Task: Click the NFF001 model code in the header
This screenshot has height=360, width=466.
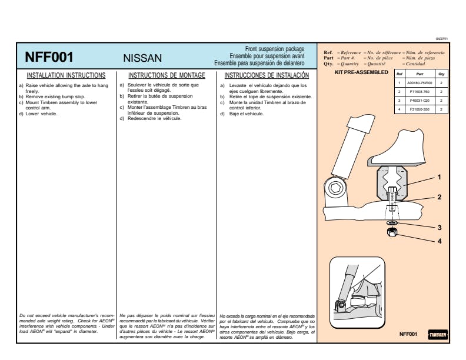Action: (x=49, y=57)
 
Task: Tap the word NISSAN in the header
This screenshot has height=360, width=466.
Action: (x=142, y=58)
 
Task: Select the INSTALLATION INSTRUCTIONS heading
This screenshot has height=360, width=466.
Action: (x=66, y=75)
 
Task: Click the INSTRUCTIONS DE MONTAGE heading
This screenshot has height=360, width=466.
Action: (x=167, y=75)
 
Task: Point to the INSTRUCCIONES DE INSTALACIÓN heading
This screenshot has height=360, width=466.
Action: (x=267, y=75)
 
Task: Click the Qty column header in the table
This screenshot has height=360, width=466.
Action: (x=441, y=74)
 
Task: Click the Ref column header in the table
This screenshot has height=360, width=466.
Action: (x=399, y=74)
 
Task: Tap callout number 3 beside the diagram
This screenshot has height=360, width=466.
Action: (x=439, y=227)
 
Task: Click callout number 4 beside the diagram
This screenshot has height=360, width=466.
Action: (x=439, y=241)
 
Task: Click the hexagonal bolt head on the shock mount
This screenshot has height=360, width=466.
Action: (x=336, y=188)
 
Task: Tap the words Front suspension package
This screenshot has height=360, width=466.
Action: (x=274, y=48)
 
